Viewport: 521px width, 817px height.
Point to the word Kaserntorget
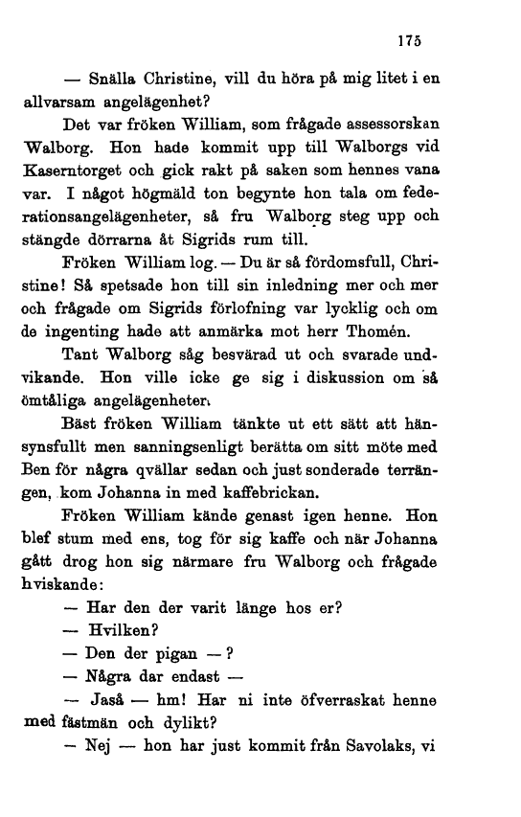coord(75,170)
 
